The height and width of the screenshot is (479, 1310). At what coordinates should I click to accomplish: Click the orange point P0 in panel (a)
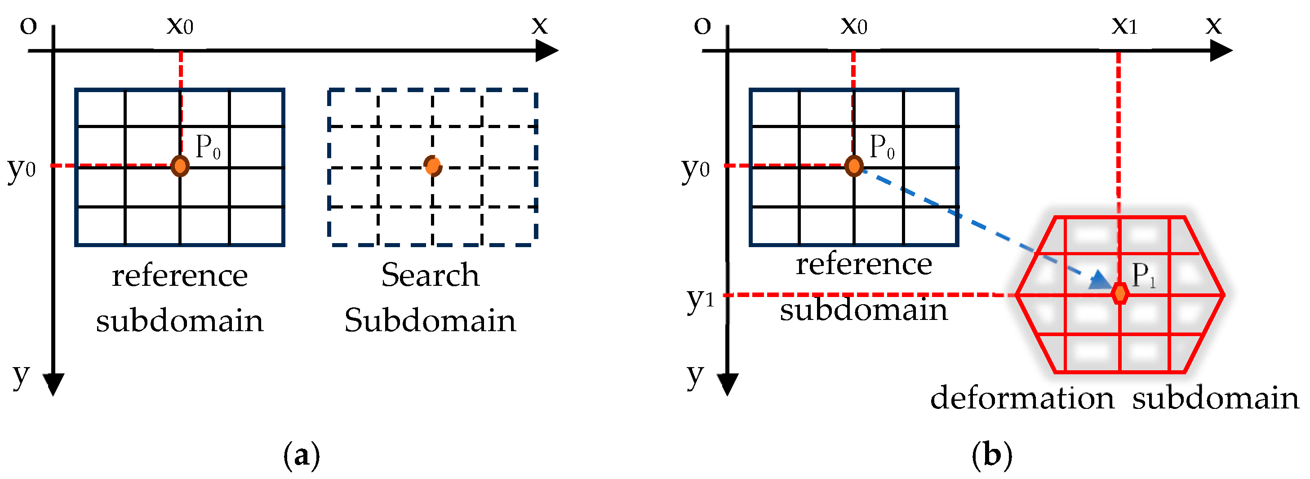[180, 166]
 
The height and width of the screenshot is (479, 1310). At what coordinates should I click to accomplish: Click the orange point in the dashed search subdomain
[433, 165]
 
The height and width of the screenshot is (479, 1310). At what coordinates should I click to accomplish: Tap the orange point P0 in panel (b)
[854, 166]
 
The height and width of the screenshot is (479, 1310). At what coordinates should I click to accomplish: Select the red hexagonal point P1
[1120, 293]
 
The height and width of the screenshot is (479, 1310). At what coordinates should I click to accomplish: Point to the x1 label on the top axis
[1124, 26]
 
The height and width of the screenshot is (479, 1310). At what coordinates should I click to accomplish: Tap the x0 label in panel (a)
[180, 26]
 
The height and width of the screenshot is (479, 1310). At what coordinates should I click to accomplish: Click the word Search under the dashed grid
[430, 275]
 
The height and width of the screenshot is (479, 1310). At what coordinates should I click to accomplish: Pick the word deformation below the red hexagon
[1022, 398]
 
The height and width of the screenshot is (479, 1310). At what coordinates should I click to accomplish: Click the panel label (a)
[302, 455]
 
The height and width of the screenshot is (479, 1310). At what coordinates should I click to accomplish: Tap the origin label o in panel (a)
[28, 26]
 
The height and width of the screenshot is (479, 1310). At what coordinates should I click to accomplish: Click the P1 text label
[1144, 275]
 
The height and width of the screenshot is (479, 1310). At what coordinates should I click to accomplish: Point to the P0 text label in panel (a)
[208, 147]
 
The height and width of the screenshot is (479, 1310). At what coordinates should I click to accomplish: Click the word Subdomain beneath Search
[430, 320]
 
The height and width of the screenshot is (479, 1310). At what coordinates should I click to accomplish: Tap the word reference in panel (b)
[863, 264]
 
